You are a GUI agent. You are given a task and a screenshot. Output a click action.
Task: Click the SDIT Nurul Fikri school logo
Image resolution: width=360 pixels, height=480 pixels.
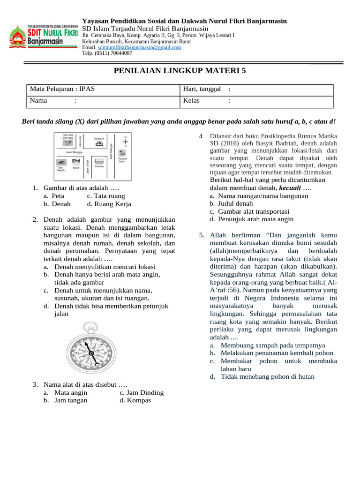(43, 37)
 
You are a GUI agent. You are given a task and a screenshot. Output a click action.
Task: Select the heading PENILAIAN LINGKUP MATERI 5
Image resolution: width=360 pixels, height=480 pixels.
(180, 71)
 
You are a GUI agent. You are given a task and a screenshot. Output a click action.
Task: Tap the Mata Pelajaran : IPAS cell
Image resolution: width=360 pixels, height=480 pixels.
(62, 89)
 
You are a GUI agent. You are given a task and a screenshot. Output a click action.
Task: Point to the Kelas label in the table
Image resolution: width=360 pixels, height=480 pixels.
(191, 100)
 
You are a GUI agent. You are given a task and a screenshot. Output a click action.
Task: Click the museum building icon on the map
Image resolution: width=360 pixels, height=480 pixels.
(99, 144)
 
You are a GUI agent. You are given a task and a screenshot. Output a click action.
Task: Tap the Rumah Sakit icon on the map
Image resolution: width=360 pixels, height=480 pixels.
(122, 152)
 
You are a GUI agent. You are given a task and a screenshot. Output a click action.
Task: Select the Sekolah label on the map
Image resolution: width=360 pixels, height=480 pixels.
(99, 166)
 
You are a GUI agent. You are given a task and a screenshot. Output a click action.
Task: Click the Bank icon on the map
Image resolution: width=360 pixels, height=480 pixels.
(76, 162)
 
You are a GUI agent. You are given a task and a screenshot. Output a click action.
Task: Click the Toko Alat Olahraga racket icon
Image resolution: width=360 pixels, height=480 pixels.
(68, 144)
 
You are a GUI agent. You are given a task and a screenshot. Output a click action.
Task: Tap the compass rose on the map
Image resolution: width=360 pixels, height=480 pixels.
(125, 140)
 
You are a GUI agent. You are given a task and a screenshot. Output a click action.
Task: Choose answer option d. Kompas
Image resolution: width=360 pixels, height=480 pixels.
(135, 400)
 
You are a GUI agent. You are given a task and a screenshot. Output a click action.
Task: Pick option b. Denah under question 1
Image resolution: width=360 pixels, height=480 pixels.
(57, 204)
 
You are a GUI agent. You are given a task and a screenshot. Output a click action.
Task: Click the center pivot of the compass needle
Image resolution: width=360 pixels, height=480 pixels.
(91, 353)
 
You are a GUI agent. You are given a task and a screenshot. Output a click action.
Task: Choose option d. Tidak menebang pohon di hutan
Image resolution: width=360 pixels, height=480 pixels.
(267, 376)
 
